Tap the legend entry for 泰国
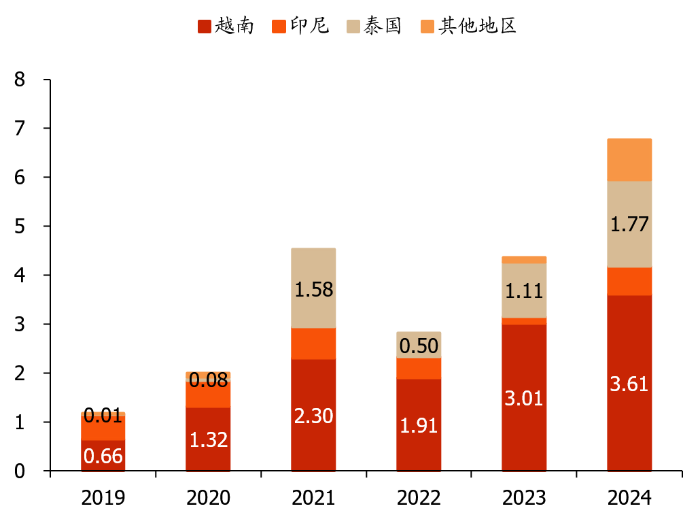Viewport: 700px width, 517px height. pos(374,27)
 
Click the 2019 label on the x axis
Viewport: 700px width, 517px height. pos(103,498)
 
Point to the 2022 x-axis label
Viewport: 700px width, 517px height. pos(419,498)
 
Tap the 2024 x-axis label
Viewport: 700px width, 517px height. pos(629,498)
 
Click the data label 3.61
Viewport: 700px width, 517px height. pos(629,384)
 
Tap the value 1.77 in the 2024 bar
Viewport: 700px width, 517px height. pos(629,224)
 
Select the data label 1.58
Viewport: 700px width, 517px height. pos(313,290)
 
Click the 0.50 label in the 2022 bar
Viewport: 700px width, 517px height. pos(419,346)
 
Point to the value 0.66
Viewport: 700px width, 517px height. pos(103,456)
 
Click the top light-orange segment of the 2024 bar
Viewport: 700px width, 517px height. pos(629,160)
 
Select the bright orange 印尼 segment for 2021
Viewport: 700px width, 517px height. pos(313,344)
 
